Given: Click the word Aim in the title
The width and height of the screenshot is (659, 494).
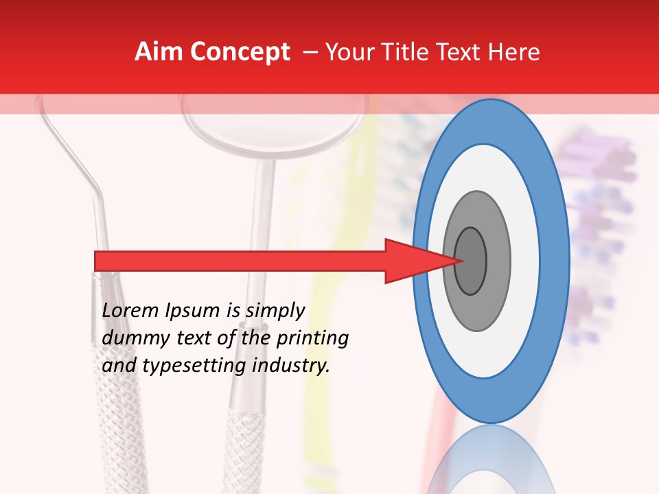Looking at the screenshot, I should pos(159,52).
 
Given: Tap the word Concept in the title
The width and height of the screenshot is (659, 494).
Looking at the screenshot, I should pos(239,52).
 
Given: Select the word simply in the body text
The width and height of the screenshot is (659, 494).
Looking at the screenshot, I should pos(275,311).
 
